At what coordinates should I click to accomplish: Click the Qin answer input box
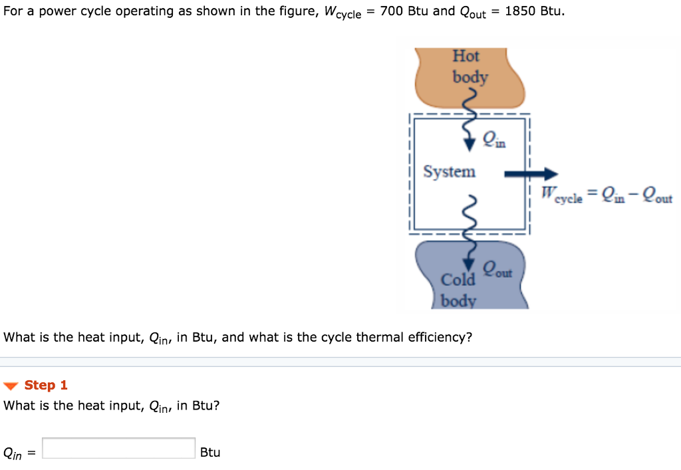[119, 449]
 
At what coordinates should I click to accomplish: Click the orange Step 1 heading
[46, 386]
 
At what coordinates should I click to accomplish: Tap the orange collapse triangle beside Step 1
[12, 386]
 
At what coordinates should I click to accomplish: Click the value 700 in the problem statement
[392, 11]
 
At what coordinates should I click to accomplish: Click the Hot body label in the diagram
[470, 66]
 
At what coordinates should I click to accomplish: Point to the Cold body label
[459, 290]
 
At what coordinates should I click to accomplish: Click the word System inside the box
[450, 172]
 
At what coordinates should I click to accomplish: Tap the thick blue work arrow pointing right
[530, 174]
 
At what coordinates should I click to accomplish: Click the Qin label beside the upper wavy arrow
[493, 139]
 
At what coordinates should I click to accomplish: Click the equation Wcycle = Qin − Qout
[606, 195]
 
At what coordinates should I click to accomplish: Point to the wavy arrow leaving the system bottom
[472, 226]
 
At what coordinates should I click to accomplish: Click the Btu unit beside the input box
[210, 452]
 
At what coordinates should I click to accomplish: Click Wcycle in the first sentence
[342, 13]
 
